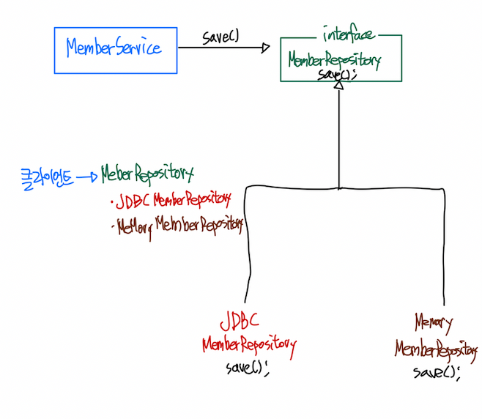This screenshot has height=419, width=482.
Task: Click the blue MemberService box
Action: point(115,50)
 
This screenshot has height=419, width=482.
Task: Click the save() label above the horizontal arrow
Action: point(220,37)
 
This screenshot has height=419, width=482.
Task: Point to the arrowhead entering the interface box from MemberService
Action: point(264,48)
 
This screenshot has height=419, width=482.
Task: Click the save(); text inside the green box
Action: point(338,75)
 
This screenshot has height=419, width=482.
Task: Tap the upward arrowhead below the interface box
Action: point(338,86)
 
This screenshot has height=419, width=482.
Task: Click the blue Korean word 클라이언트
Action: point(46,175)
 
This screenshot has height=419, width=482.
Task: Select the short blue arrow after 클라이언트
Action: point(87,176)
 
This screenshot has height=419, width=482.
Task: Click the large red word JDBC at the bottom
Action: point(239,322)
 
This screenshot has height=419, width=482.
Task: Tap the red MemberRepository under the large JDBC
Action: point(249,345)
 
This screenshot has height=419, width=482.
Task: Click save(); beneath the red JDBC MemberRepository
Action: point(248,366)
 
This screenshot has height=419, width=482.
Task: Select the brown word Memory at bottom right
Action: point(434,323)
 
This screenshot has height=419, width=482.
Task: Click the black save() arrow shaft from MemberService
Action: point(220,48)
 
